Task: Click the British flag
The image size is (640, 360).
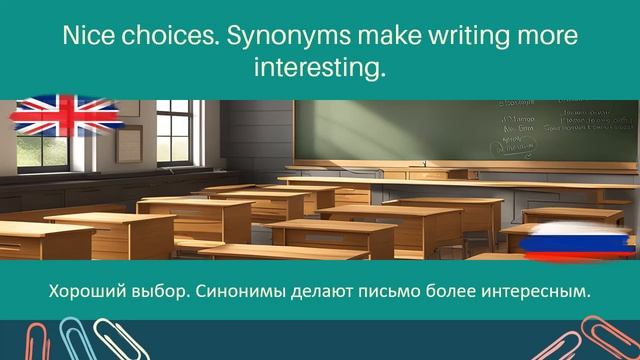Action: tap(66, 117)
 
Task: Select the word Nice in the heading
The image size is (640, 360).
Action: tap(88, 38)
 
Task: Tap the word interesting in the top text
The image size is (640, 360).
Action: tap(319, 70)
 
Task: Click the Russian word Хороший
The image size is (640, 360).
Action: tap(87, 292)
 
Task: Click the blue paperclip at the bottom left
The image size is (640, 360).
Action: tap(72, 340)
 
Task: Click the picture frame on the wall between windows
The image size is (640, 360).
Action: tap(130, 142)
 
